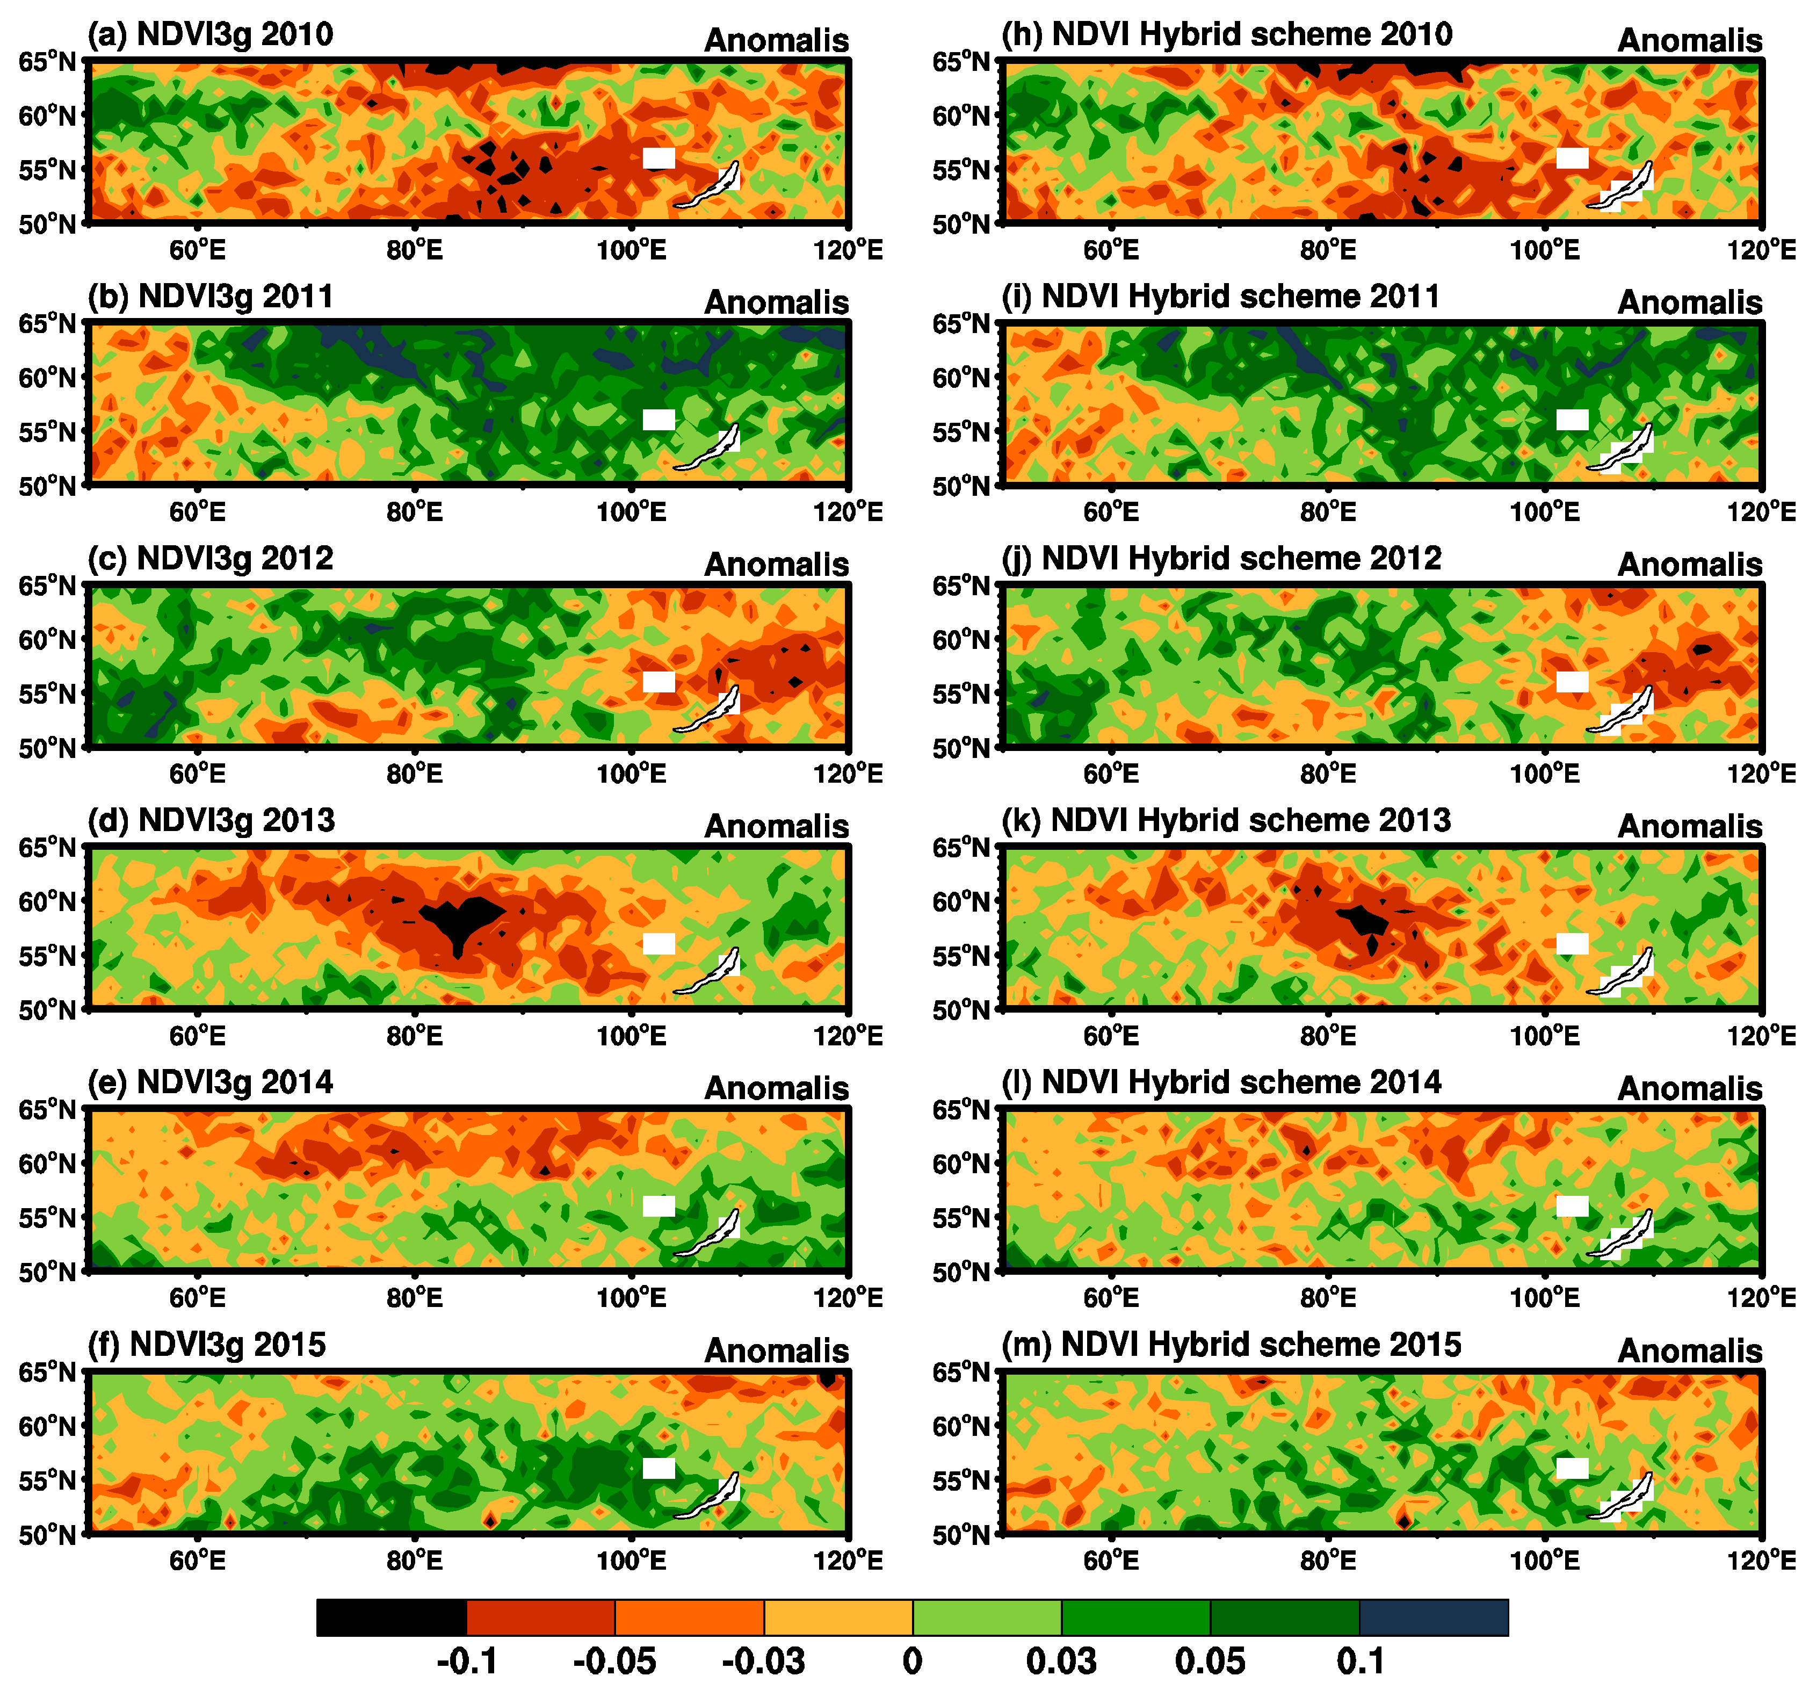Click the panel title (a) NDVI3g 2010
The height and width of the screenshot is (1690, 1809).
point(210,34)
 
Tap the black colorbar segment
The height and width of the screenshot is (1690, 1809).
point(391,1617)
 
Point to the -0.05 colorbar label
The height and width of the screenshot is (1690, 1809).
point(614,1662)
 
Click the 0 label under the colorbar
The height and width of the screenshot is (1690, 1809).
point(913,1662)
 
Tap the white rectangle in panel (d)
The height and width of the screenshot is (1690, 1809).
point(659,944)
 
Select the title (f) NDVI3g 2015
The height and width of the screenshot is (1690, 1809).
point(207,1345)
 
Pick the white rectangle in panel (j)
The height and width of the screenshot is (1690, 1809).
point(1573,682)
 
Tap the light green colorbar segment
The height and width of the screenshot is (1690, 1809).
point(987,1617)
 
